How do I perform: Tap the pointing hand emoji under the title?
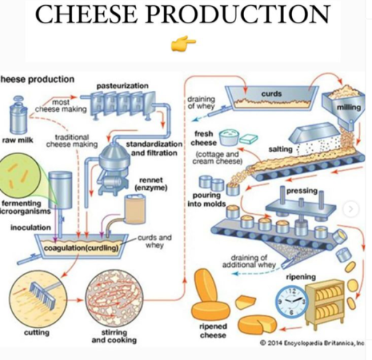pyautogui.click(x=179, y=46)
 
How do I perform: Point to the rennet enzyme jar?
pyautogui.click(x=135, y=210)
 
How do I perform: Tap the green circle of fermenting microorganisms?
pyautogui.click(x=20, y=175)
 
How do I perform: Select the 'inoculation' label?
pyautogui.click(x=31, y=228)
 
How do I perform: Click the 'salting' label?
pyautogui.click(x=280, y=149)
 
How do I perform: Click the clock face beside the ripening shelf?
pyautogui.click(x=291, y=303)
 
